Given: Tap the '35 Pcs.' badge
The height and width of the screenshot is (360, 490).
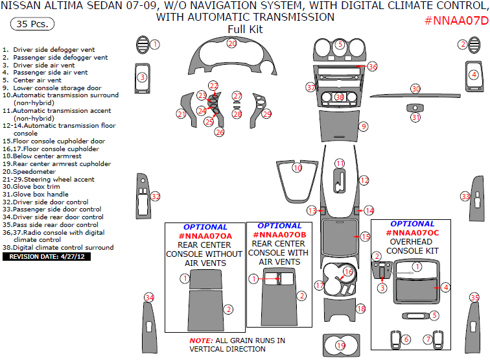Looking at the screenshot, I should pyautogui.click(x=32, y=25).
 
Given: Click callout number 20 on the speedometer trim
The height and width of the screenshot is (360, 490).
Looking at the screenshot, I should pyautogui.click(x=232, y=43).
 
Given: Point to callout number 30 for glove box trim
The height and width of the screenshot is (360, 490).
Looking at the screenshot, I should pyautogui.click(x=415, y=88).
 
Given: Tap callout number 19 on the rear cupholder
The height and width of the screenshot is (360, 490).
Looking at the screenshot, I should pyautogui.click(x=340, y=346).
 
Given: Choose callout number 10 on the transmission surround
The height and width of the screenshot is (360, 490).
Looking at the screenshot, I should pyautogui.click(x=297, y=168).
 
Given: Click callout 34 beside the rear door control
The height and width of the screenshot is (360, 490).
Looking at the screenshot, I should pyautogui.click(x=150, y=298).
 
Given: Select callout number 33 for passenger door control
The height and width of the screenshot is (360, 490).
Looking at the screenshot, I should pyautogui.click(x=465, y=197).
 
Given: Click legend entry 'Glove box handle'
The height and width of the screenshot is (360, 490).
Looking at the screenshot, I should pyautogui.click(x=40, y=194).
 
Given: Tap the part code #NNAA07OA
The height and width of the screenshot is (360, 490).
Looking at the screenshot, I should pyautogui.click(x=204, y=235).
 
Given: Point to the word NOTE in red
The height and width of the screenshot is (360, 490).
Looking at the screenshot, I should pyautogui.click(x=200, y=341).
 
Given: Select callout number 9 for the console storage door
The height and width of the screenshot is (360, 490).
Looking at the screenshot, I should pyautogui.click(x=364, y=126).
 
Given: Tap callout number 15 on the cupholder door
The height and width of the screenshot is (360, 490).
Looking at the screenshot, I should pyautogui.click(x=365, y=237).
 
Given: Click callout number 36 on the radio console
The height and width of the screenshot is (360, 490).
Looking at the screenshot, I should pyautogui.click(x=372, y=67).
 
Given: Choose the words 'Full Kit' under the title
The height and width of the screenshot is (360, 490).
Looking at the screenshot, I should pyautogui.click(x=245, y=29).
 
